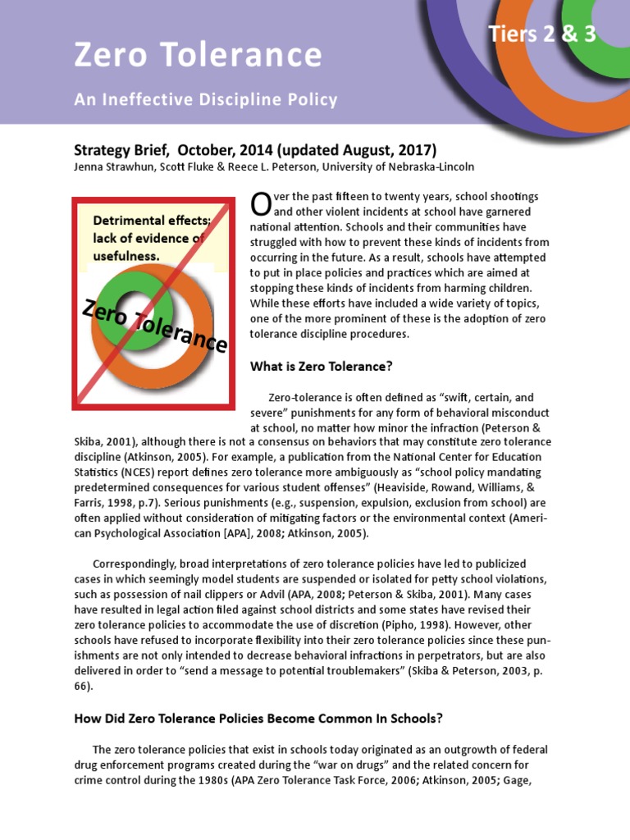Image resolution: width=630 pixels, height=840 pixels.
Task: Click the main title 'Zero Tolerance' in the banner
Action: pos(197,55)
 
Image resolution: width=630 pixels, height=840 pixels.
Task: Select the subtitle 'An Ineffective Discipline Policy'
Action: pos(205,100)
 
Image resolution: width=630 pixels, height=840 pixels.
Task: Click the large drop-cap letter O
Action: pos(259,204)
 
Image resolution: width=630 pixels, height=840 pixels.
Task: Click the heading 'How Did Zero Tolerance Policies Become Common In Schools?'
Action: pos(258,718)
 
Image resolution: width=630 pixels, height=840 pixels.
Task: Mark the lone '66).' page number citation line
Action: pos(85,687)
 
